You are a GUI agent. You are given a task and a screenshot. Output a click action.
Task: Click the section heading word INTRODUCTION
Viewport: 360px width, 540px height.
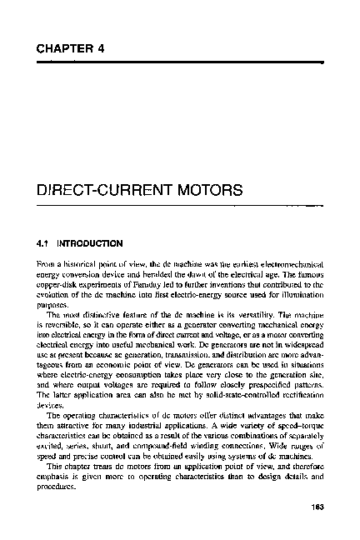coord(92,244)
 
